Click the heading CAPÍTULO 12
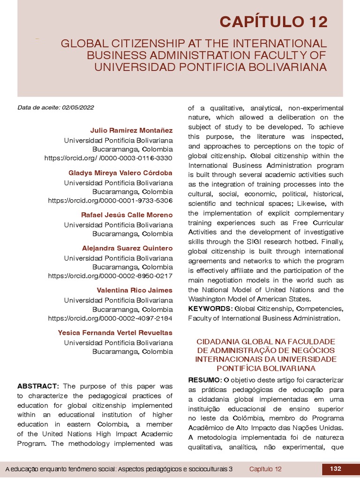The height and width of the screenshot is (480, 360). coord(274,22)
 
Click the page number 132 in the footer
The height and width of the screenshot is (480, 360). coord(335,469)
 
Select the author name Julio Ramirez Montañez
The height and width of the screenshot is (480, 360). coord(131,130)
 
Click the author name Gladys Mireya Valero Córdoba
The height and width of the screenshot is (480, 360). coord(120,172)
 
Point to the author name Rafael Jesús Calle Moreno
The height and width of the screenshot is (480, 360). coord(127,215)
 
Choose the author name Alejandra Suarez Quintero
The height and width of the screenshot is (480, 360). coord(127,248)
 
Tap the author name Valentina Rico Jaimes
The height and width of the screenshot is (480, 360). coord(135,290)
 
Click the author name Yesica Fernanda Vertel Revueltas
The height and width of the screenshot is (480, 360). coord(115,332)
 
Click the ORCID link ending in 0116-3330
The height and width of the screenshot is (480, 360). coord(108,158)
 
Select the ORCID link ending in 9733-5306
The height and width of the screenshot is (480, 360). coord(110,201)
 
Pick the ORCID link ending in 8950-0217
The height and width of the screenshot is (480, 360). coord(110,276)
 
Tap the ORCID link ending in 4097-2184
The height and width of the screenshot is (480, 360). coord(110,318)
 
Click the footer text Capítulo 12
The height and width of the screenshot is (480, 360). coord(265,469)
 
